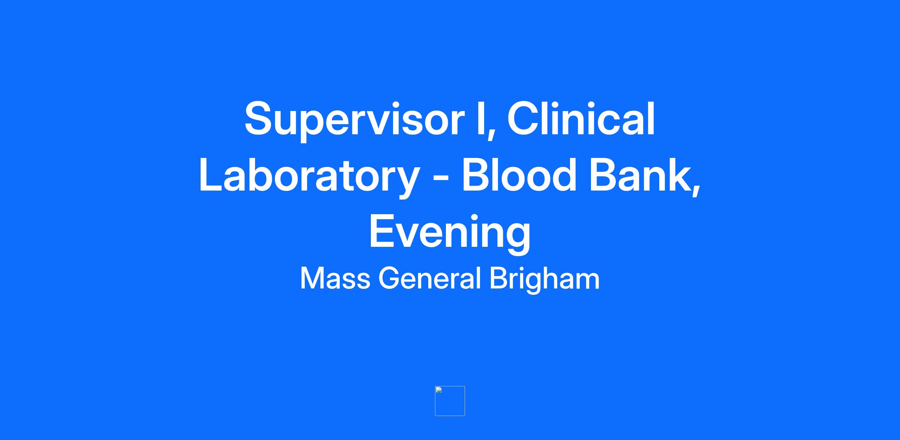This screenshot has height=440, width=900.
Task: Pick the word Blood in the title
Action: point(519,175)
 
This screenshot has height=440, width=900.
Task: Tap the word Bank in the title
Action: point(640,175)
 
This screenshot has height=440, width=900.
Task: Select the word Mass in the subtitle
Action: point(335,278)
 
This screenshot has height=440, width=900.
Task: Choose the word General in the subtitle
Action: point(429,278)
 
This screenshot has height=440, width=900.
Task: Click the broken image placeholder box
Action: point(450,401)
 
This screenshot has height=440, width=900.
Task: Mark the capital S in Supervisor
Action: point(261,118)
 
